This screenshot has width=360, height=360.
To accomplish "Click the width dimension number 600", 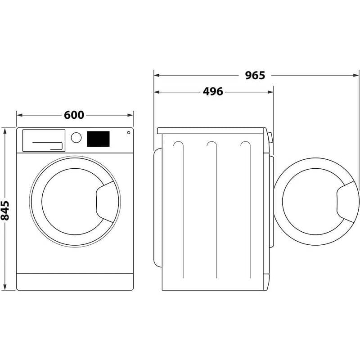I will [x=74, y=115].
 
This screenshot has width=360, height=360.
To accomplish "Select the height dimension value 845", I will [x=6, y=210].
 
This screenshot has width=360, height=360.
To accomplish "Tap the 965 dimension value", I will [x=255, y=75].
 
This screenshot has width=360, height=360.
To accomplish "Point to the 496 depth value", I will [x=213, y=92].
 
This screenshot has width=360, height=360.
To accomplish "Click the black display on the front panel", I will [x=98, y=139].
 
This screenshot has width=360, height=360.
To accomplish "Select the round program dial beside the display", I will [x=76, y=138].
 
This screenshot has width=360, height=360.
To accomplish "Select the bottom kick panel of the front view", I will [x=75, y=281].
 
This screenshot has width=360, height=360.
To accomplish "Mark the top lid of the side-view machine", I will [x=211, y=130].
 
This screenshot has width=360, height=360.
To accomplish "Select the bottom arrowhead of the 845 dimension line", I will [x=5, y=288].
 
